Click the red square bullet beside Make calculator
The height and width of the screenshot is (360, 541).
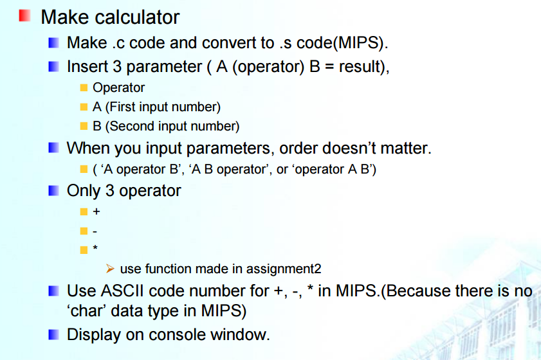click(24, 15)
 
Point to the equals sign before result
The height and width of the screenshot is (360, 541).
click(329, 67)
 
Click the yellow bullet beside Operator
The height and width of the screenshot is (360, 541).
click(84, 87)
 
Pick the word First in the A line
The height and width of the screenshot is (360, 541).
click(122, 107)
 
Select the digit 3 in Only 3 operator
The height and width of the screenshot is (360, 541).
click(110, 191)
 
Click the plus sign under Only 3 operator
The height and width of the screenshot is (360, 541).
click(96, 212)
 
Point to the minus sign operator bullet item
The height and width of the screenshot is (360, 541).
click(95, 231)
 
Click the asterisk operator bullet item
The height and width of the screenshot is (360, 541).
click(95, 248)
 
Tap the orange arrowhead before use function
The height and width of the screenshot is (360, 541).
click(110, 269)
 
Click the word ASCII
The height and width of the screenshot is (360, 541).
click(122, 291)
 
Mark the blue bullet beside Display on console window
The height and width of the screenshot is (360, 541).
click(53, 334)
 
